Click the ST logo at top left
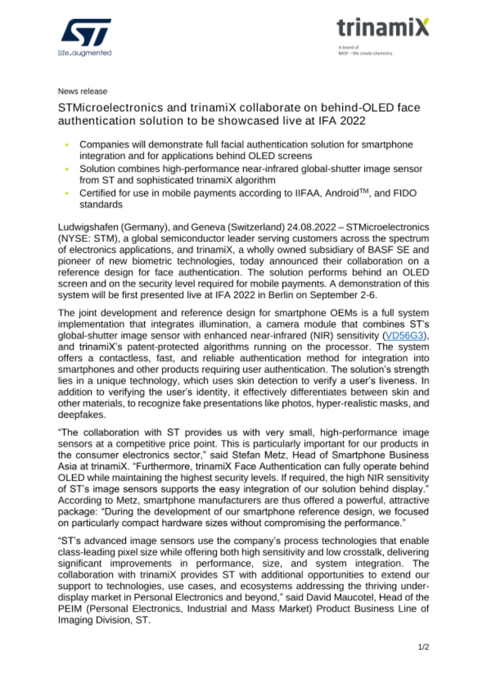click(86, 33)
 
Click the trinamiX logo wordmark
click(383, 27)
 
